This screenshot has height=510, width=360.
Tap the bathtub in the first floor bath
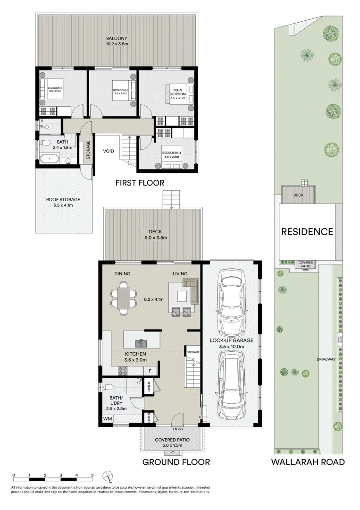(49, 159)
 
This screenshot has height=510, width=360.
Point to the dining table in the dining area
(123, 298)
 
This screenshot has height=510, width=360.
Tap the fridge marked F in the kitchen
(151, 371)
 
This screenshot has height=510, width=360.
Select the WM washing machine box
(107, 419)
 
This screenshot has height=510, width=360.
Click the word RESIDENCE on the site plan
(307, 232)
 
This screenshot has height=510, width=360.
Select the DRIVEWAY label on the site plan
(326, 359)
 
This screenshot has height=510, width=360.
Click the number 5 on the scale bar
(92, 476)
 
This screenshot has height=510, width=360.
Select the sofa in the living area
(191, 290)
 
